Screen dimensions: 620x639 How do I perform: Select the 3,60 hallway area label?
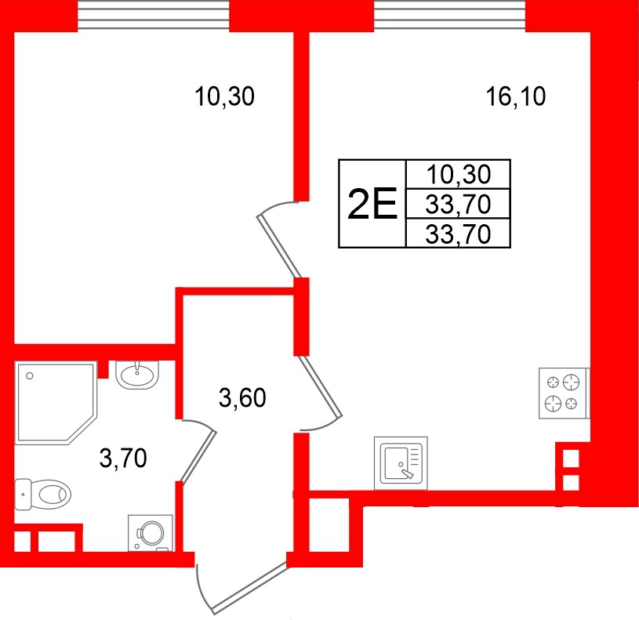click(x=243, y=399)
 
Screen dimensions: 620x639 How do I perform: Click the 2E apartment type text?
click(x=372, y=205)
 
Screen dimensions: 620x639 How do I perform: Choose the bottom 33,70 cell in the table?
click(x=458, y=234)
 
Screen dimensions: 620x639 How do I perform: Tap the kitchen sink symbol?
click(x=402, y=462)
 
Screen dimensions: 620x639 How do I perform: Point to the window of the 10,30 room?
click(x=154, y=14)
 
